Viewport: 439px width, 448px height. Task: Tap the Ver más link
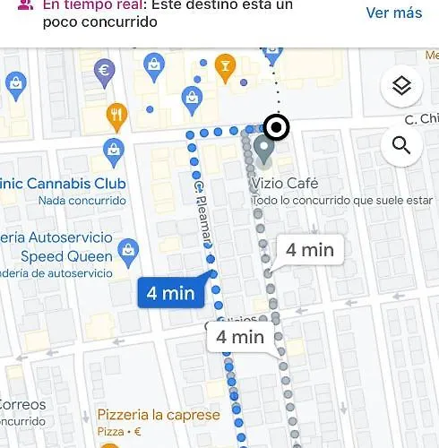click(x=393, y=13)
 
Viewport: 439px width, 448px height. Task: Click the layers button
click(x=401, y=87)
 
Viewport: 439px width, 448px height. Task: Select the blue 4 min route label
click(x=171, y=293)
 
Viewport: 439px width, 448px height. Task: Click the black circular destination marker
click(x=277, y=129)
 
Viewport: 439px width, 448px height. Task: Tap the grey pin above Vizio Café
click(x=263, y=149)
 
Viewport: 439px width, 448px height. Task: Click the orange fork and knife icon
click(x=116, y=115)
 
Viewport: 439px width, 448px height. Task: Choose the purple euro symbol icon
click(x=104, y=71)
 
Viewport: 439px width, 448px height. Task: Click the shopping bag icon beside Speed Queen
click(x=129, y=248)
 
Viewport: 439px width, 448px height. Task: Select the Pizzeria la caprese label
click(x=158, y=415)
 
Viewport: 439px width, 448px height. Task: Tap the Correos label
click(x=22, y=404)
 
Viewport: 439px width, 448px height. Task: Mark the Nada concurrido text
click(x=82, y=201)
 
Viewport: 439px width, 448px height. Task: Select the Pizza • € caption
click(x=120, y=432)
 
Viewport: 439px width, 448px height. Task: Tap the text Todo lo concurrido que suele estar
click(x=342, y=200)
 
